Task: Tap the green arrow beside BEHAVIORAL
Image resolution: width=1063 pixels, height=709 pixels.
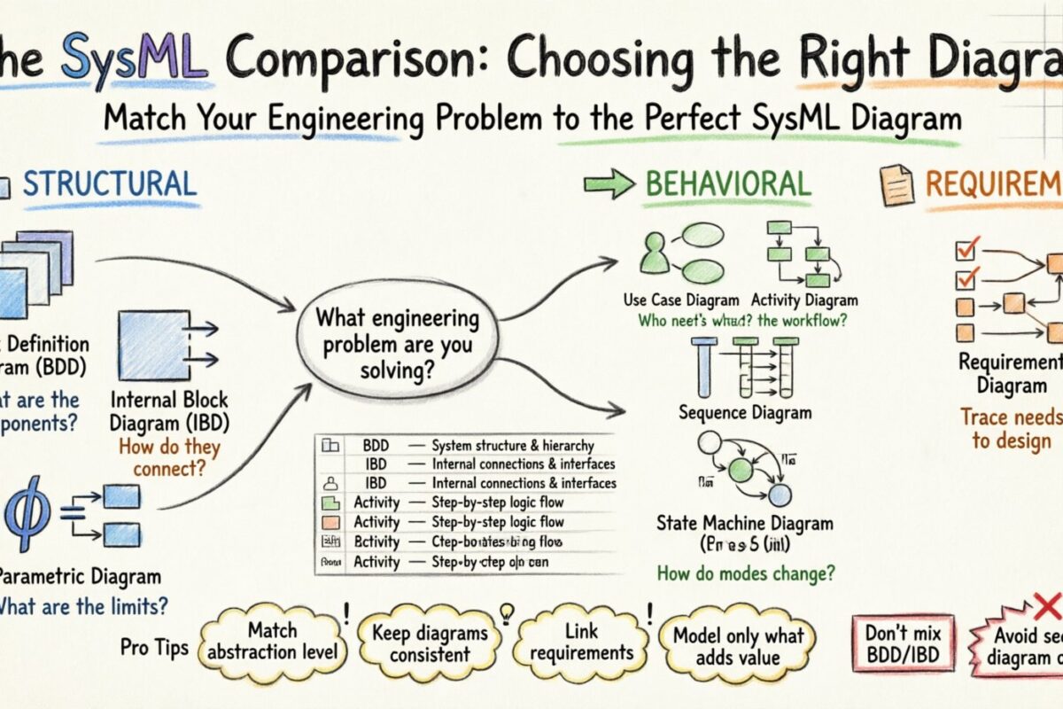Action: [x=609, y=184]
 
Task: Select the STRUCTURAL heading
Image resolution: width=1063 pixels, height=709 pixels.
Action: [x=109, y=183]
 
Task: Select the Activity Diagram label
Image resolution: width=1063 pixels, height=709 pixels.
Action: [x=804, y=300]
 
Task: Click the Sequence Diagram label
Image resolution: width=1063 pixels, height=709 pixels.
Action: [x=744, y=412]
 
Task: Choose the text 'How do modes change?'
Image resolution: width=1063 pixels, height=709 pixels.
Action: [x=746, y=573]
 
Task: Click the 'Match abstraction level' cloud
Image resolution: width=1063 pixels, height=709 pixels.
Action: [x=272, y=641]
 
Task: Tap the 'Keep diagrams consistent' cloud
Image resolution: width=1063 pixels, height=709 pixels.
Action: [x=430, y=643]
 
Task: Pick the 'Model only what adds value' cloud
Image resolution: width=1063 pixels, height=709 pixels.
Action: [x=737, y=645]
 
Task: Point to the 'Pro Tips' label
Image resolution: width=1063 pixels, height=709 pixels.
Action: [x=154, y=647]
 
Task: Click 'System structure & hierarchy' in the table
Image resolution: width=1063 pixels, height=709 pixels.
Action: [x=512, y=446]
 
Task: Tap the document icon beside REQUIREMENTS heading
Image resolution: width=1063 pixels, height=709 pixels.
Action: [x=896, y=184]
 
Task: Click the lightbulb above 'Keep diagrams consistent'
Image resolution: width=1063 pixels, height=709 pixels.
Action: [x=507, y=610]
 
